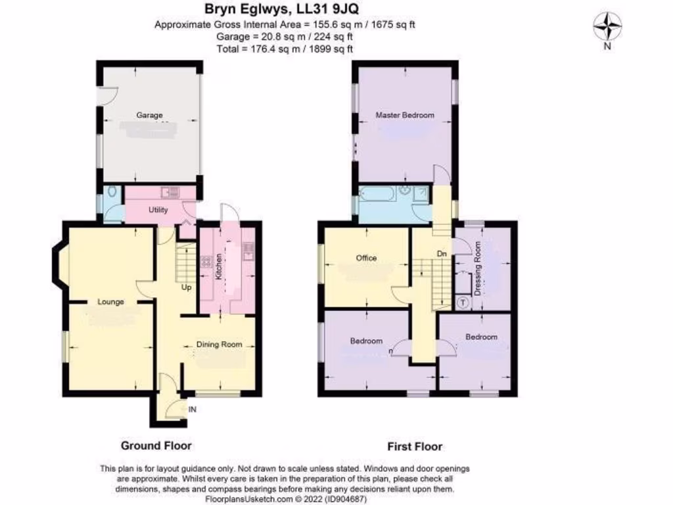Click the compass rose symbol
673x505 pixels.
(x=608, y=27)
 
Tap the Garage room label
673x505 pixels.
(x=149, y=115)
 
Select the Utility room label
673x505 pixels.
(x=158, y=210)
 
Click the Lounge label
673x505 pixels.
(x=111, y=302)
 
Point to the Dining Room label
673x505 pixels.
(x=220, y=344)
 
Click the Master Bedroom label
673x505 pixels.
(x=405, y=115)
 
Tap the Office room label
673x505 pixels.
(x=366, y=258)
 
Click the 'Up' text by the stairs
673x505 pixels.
(x=187, y=287)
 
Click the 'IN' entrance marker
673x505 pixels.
(x=193, y=410)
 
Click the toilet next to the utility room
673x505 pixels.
(x=112, y=193)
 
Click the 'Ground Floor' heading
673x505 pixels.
(x=156, y=446)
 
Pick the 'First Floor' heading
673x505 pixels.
(x=414, y=446)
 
